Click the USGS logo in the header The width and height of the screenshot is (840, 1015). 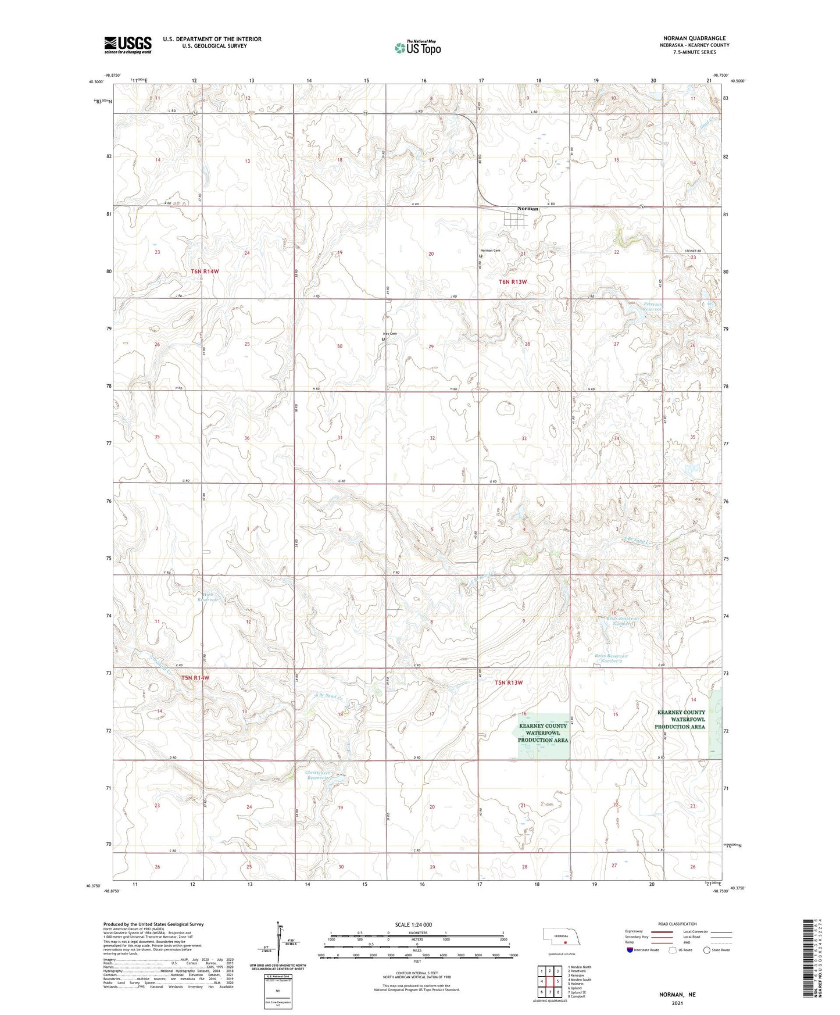(x=127, y=45)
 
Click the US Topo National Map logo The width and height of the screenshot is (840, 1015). (x=417, y=48)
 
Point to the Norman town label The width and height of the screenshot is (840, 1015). (x=528, y=209)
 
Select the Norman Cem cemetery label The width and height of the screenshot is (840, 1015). (x=490, y=251)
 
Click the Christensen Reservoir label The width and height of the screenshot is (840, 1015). (x=319, y=775)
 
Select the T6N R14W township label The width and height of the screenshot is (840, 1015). (x=203, y=271)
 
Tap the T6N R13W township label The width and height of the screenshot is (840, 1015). (x=513, y=282)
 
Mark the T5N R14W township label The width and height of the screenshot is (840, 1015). (x=195, y=678)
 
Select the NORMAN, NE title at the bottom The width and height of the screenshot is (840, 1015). (x=677, y=995)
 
